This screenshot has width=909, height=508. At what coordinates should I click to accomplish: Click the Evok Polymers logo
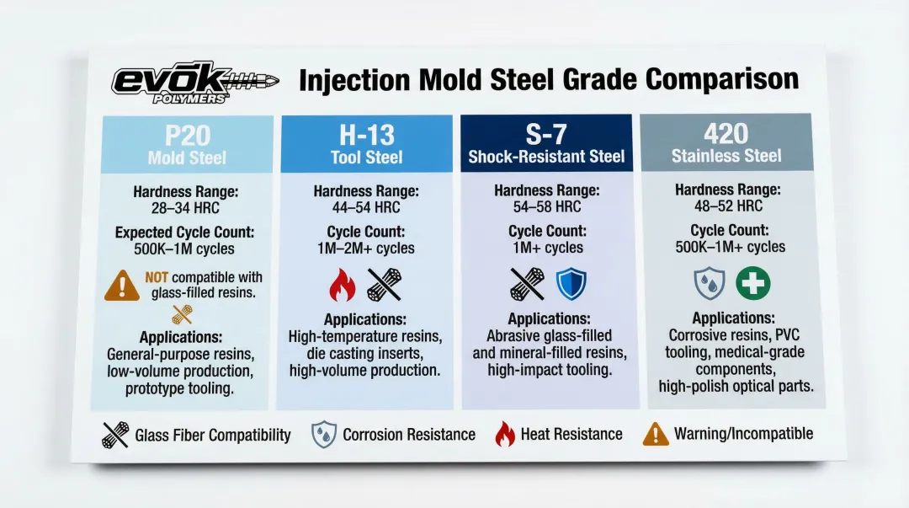coord(194,83)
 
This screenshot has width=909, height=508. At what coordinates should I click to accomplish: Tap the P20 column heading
coord(187,136)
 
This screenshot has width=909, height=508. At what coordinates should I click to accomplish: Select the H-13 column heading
coord(366,136)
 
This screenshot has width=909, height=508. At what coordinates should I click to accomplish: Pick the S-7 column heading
coord(546,135)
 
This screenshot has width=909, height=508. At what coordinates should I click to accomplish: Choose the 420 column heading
coord(726,134)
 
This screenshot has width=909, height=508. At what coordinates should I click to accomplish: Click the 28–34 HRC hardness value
coord(185,208)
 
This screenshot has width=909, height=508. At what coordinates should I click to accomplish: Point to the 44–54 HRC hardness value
coord(366,207)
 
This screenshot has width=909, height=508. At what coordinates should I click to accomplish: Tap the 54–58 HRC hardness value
coord(547,206)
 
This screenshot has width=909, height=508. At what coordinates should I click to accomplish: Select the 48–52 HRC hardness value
coord(728,206)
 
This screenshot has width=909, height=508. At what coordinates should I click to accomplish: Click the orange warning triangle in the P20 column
coord(122,286)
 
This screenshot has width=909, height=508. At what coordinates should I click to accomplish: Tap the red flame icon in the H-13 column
coord(342,285)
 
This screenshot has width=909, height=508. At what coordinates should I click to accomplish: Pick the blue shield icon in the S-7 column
coord(571,284)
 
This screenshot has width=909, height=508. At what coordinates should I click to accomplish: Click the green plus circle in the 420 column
coord(753,283)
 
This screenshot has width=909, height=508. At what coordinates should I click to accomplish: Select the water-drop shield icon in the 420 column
coord(710,283)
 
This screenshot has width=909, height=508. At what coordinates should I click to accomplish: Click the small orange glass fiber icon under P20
coord(182,315)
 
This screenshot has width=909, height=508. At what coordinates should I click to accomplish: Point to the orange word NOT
coord(157,277)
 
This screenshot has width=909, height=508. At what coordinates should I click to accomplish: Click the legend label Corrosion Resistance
coord(409,434)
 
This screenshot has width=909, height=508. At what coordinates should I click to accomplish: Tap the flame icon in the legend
coord(504,434)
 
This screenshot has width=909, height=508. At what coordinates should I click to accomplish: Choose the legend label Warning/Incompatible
coord(743,434)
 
